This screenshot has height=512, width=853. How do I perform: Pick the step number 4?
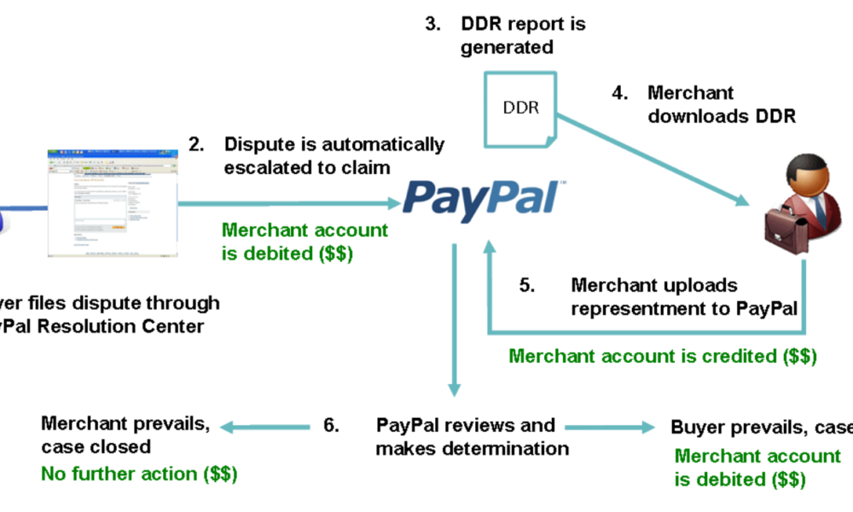[x=621, y=93]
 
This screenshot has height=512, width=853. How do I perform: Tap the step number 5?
[x=527, y=285]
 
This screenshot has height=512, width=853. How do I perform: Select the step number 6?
[x=332, y=424]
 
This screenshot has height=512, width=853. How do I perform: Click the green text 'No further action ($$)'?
[x=140, y=473]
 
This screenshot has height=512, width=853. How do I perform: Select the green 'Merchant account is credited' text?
[x=663, y=355]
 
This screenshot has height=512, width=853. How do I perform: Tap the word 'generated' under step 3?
[x=508, y=47]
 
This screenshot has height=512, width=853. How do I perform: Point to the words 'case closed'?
[x=96, y=446]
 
